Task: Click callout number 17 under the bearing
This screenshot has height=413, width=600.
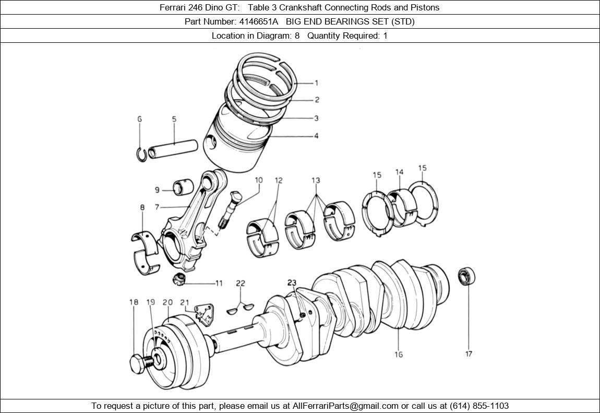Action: tap(469, 354)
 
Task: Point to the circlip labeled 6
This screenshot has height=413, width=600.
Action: tap(141, 155)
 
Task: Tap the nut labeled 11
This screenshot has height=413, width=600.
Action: tap(179, 279)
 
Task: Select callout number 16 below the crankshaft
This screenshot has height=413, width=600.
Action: tap(399, 355)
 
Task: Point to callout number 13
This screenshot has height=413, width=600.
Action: tap(316, 181)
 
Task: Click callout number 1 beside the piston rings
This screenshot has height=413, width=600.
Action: tap(316, 82)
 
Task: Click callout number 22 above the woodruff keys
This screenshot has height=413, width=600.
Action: tap(240, 284)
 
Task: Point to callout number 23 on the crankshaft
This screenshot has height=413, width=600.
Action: tap(291, 283)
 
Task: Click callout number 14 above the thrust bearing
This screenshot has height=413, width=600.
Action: tap(399, 172)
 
